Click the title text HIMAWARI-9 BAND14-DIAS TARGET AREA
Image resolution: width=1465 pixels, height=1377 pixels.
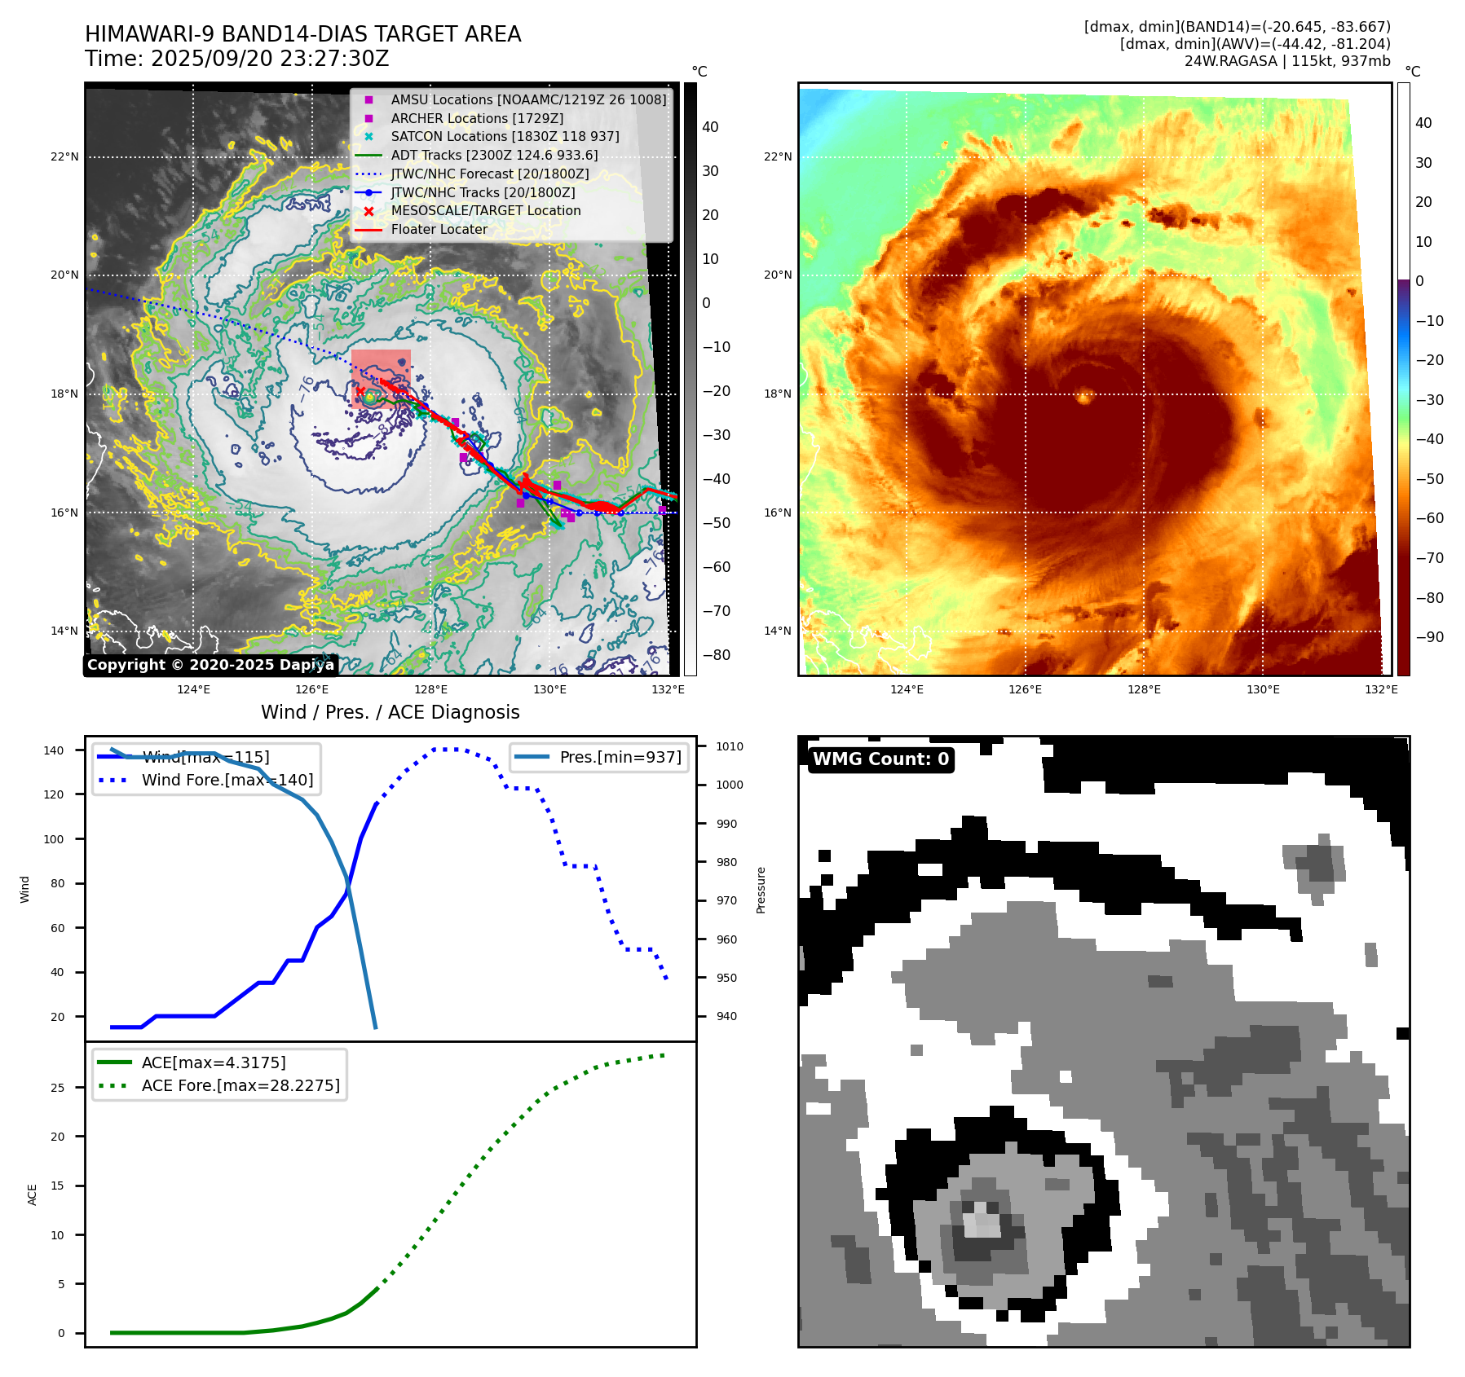tap(302, 34)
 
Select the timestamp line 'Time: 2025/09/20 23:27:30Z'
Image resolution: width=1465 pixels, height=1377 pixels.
tap(236, 59)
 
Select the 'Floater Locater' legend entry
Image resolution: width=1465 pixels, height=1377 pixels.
tap(439, 230)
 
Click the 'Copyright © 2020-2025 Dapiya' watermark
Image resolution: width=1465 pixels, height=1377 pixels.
tap(210, 665)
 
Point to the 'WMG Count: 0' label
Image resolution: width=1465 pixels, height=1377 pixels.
tap(880, 759)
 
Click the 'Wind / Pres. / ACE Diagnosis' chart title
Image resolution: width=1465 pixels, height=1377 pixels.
tap(390, 712)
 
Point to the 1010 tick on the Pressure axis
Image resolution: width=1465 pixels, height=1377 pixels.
tap(729, 746)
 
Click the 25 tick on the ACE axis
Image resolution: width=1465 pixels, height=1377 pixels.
tap(57, 1088)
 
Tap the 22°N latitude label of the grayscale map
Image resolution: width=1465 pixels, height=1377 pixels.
tap(64, 156)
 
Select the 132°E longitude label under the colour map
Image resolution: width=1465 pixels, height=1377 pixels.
tap(1380, 689)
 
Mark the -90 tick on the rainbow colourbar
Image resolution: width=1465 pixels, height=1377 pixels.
tap(1429, 637)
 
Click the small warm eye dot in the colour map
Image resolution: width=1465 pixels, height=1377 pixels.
tap(1084, 397)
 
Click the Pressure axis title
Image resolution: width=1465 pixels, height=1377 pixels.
tap(761, 890)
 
